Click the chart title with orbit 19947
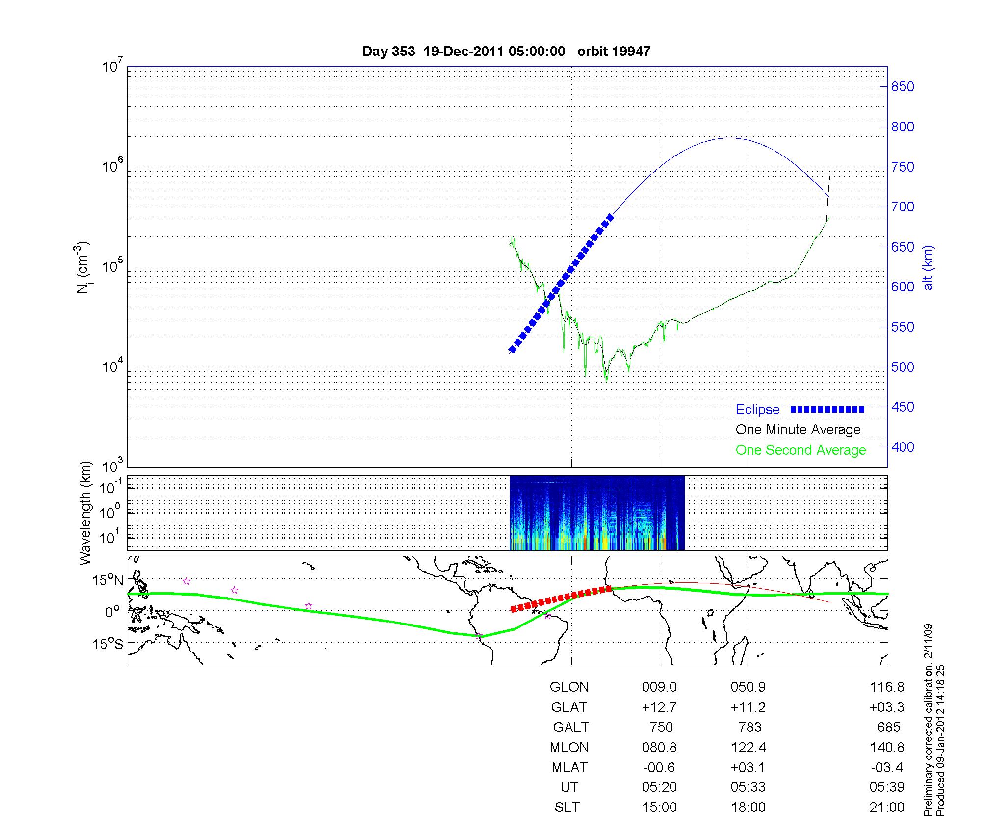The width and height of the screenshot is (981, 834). pos(506,52)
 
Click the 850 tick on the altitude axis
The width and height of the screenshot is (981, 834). pos(903,87)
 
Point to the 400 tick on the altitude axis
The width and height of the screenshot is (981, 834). pos(903,447)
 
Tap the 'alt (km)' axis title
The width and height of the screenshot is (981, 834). pos(928,268)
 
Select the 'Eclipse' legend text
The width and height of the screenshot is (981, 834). pos(757,410)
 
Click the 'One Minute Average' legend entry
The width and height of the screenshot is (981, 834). pos(798,430)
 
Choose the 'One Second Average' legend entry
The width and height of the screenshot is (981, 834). pos(800,450)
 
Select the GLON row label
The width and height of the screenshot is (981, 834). pos(569,687)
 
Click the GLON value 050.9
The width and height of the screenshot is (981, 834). pos(748,687)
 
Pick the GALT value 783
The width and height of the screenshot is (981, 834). pos(749,727)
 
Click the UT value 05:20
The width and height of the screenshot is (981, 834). pos(659,787)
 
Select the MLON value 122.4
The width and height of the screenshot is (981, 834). pos(748,747)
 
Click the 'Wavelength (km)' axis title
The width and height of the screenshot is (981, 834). pos(85,513)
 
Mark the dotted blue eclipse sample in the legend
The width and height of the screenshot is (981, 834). pos(827,410)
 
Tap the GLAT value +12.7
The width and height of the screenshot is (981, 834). pos(659,707)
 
